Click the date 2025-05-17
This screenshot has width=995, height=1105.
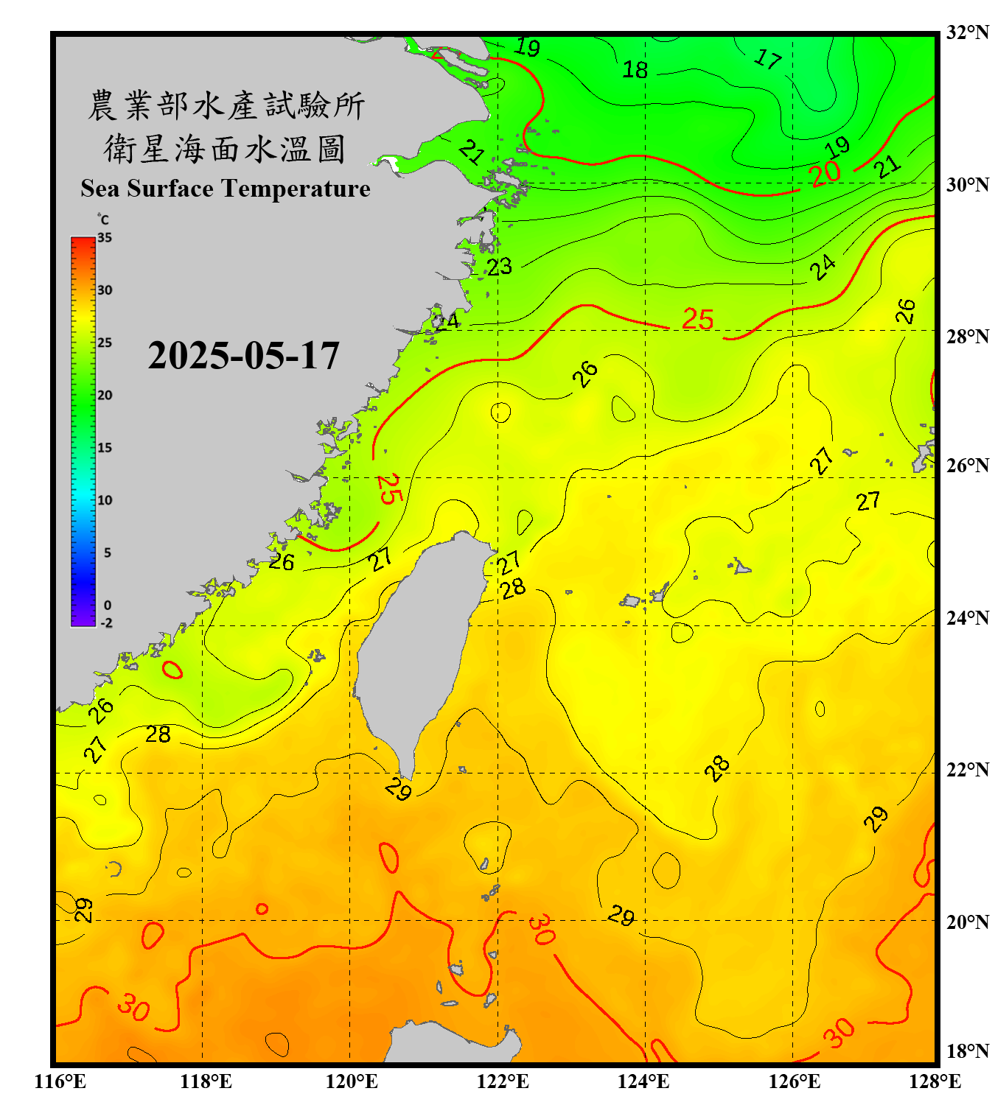(x=243, y=356)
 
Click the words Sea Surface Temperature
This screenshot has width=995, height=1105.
(x=226, y=189)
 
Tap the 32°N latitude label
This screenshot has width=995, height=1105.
(x=967, y=32)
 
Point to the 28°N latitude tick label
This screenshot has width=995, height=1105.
(x=967, y=337)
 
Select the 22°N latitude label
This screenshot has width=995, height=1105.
(x=967, y=770)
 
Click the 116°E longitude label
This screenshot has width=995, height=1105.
(x=60, y=1081)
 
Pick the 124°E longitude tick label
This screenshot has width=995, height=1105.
(x=643, y=1081)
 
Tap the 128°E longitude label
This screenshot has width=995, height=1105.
(x=935, y=1081)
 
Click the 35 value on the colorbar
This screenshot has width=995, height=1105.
(x=105, y=238)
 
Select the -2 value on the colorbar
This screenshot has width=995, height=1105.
(x=106, y=623)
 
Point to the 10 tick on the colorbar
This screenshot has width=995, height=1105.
(x=105, y=500)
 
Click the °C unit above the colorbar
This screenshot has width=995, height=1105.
(x=103, y=220)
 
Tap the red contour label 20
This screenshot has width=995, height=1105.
(x=825, y=174)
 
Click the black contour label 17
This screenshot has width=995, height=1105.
(x=767, y=58)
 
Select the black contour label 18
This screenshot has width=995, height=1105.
(x=635, y=70)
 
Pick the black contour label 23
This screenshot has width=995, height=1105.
(x=499, y=266)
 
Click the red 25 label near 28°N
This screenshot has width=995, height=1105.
(x=697, y=319)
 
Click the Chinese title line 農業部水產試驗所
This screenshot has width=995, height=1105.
(x=226, y=105)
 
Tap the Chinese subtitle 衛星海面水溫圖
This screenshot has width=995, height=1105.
(x=225, y=149)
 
